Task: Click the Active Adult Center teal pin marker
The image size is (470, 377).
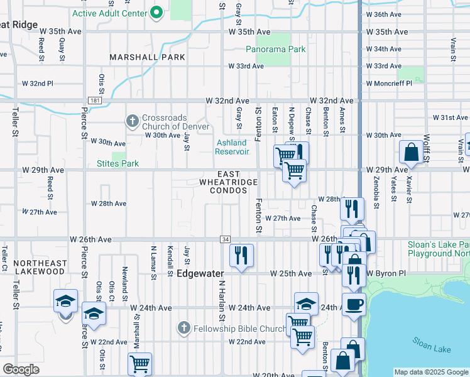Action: click(157, 13)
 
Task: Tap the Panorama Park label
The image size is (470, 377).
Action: click(275, 48)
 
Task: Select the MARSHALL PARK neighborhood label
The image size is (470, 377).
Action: click(147, 57)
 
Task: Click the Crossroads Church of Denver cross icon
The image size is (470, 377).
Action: click(133, 119)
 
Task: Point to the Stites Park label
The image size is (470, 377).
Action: click(117, 163)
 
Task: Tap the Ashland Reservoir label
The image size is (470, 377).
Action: click(232, 147)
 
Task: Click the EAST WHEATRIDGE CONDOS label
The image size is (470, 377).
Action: click(228, 182)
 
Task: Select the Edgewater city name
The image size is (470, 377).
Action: click(200, 273)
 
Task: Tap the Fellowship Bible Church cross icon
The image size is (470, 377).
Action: click(183, 327)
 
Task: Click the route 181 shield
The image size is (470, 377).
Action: click(94, 100)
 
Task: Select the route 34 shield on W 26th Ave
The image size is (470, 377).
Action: click(225, 239)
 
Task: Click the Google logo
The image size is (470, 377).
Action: click(22, 369)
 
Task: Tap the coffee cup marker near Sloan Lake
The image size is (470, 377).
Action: click(354, 304)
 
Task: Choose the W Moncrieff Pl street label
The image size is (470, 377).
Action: click(389, 82)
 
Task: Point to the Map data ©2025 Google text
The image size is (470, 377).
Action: click(430, 372)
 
